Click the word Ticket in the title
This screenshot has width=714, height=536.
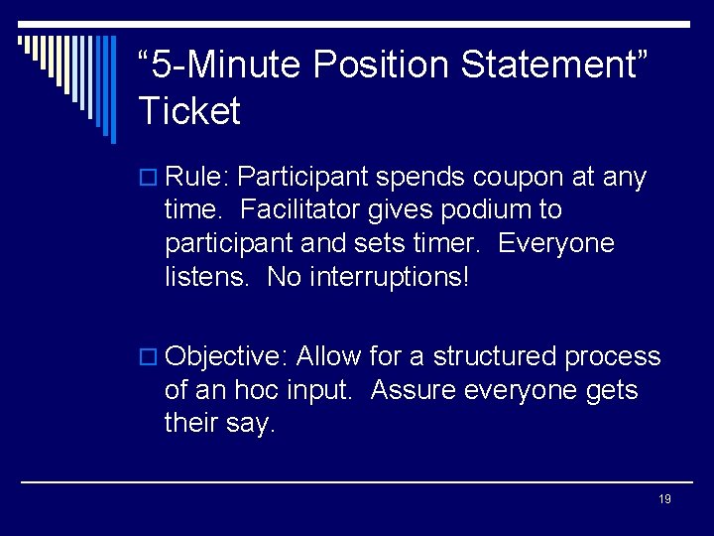coord(189,110)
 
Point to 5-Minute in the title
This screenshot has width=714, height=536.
coord(227,66)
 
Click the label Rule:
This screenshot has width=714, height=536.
coord(197,178)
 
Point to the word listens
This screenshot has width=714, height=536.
coord(206,276)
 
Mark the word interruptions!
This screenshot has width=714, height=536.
coord(388,276)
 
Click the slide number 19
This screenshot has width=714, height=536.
coord(664,498)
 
